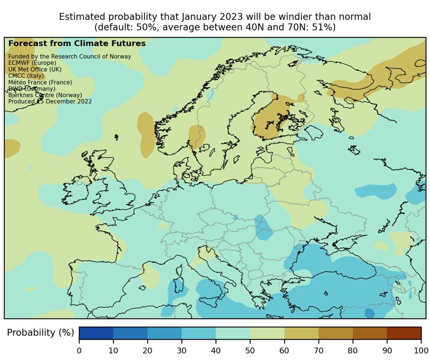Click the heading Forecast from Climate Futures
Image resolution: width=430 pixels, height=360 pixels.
tap(77, 43)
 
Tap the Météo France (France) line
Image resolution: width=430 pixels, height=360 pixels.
tap(40, 82)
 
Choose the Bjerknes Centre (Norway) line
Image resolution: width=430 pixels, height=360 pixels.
tap(45, 95)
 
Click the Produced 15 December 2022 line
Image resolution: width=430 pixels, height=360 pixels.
tap(50, 101)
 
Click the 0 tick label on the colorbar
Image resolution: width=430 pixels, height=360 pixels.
tap(79, 350)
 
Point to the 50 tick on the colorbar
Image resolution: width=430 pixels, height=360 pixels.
tap(250, 350)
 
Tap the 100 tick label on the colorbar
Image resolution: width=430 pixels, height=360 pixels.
tap(421, 350)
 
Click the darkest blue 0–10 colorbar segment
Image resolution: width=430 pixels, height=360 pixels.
tap(96, 333)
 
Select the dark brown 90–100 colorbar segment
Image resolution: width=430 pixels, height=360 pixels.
tap(404, 333)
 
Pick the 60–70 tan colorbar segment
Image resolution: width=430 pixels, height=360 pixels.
tap(301, 333)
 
